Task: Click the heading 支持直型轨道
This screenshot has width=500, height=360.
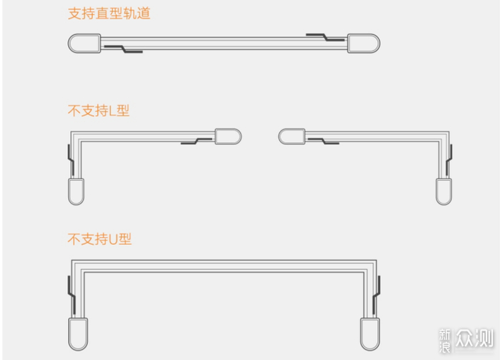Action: coord(109,14)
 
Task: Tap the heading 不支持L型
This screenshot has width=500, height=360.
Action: coord(99,111)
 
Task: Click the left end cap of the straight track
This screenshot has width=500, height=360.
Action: coord(84,44)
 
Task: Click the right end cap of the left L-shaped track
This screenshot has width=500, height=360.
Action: coord(227,136)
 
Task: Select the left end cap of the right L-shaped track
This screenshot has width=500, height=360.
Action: coord(291,136)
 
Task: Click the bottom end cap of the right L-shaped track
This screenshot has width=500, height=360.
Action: coord(444,192)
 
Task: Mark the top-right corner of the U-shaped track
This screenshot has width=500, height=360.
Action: coord(372,264)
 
